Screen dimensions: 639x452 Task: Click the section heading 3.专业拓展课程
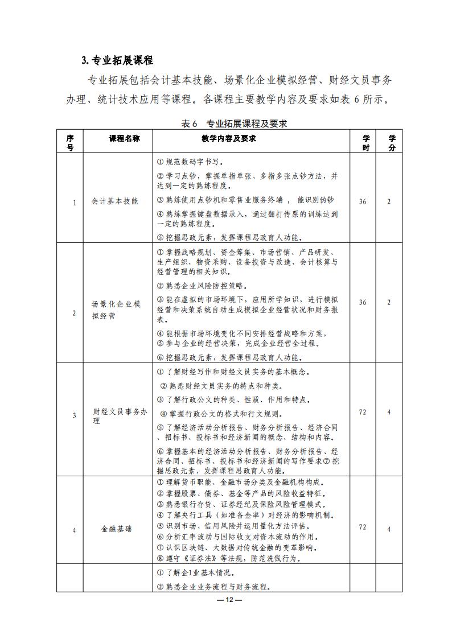117,60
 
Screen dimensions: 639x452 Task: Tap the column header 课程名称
117,138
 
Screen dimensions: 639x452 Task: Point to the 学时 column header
366,143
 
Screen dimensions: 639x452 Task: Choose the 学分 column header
392,143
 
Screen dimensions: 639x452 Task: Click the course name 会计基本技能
114,201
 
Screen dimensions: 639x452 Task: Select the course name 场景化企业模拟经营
116,310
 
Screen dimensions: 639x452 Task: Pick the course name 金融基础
116,529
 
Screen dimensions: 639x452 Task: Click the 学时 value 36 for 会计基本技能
363,201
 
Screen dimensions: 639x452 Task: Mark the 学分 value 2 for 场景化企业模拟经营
389,302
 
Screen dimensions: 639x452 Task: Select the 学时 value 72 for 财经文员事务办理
363,412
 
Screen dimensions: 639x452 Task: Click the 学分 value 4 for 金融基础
389,529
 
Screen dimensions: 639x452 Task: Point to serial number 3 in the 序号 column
74,416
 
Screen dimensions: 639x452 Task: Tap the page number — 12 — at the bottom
226,600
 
